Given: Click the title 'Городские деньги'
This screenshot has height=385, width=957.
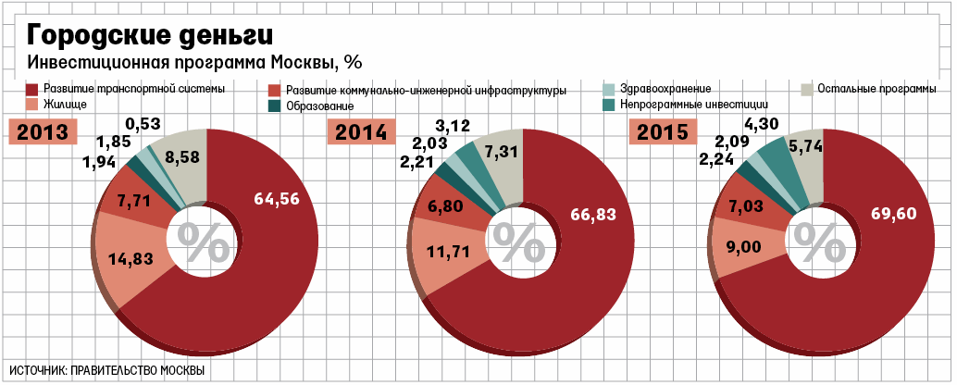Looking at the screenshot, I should coord(150,35).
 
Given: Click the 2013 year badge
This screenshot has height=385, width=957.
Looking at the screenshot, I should coord(43,132).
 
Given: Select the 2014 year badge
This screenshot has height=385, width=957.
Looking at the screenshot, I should coord(361,132).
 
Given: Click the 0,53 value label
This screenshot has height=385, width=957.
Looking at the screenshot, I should coord(143,123).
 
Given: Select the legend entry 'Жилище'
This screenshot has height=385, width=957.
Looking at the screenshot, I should coord(65,106).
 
